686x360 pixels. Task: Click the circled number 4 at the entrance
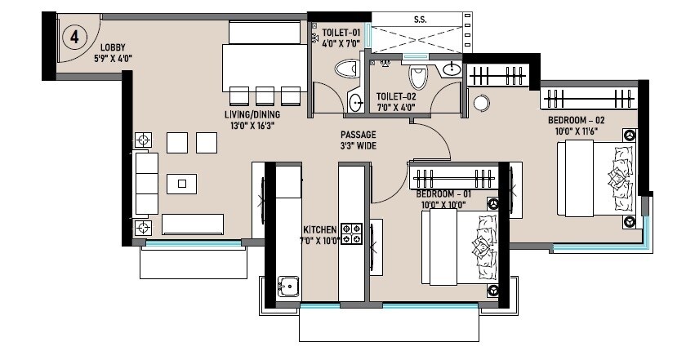pyautogui.click(x=74, y=37)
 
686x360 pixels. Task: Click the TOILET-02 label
pyautogui.click(x=397, y=100)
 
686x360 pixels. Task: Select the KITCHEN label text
pyautogui.click(x=318, y=234)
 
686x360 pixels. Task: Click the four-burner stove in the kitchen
pyautogui.click(x=351, y=233)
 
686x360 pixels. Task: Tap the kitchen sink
pyautogui.click(x=287, y=287)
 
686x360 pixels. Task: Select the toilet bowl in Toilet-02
pyautogui.click(x=420, y=78)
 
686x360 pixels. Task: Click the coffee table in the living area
pyautogui.click(x=181, y=183)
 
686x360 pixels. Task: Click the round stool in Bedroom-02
pyautogui.click(x=481, y=104)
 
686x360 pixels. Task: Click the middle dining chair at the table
pyautogui.click(x=265, y=95)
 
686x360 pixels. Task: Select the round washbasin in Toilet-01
pyautogui.click(x=356, y=103)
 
